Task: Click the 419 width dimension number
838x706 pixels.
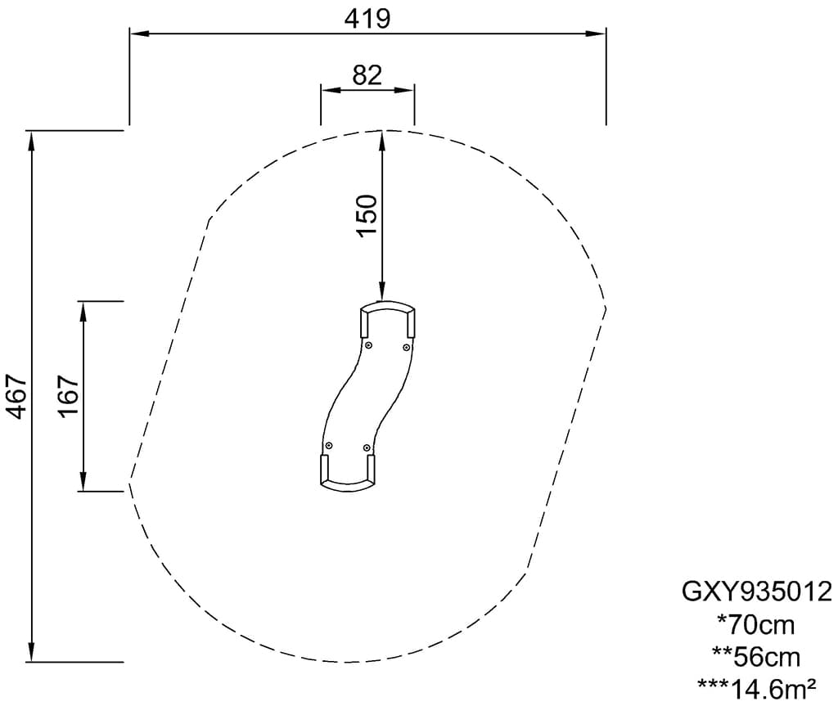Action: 367,18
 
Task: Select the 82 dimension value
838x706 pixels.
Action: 367,74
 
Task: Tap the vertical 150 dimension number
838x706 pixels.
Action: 367,215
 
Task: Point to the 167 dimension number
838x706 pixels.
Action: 68,396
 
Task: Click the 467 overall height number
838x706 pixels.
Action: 16,396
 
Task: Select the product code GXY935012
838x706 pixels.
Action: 757,591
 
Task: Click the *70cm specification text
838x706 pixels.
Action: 756,625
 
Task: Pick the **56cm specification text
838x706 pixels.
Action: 756,656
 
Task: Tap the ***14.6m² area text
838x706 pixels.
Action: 756,687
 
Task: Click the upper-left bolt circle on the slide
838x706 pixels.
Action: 369,346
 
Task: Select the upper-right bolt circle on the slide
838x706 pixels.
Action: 406,347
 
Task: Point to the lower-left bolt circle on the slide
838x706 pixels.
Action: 329,445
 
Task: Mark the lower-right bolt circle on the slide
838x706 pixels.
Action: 366,447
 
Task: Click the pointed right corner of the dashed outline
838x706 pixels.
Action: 606,308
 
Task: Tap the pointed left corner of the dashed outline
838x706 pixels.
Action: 128,481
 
